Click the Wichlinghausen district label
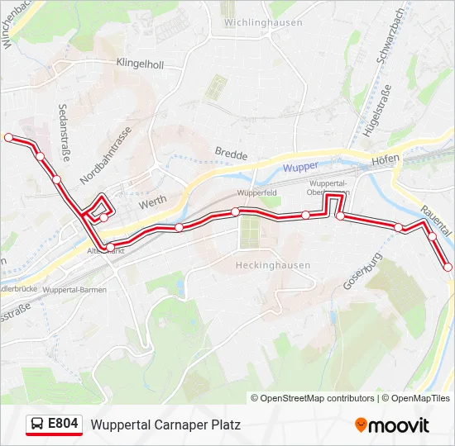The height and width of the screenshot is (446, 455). [263, 22]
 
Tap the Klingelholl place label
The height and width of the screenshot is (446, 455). [140, 64]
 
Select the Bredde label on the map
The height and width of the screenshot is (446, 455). [231, 153]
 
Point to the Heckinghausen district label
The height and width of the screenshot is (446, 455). [273, 265]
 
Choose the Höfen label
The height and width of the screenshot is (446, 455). [386, 159]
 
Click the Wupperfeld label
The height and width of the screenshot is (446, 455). [256, 192]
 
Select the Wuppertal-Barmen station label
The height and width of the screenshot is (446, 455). [71, 291]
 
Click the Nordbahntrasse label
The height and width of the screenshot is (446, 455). [106, 156]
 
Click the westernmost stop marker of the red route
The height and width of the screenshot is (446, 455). [9, 138]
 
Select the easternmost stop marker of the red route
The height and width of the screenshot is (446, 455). [448, 267]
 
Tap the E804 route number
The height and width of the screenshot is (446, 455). [63, 425]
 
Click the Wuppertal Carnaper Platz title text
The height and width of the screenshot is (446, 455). [165, 425]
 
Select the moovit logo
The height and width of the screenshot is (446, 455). [392, 425]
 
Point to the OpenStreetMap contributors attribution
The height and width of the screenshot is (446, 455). [313, 398]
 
